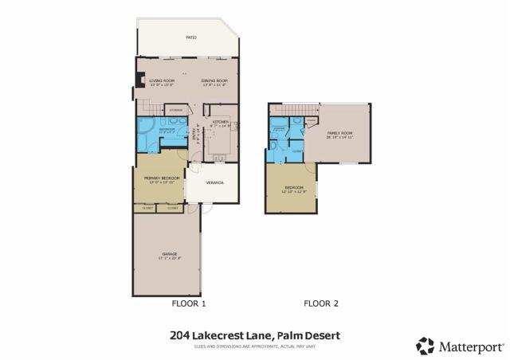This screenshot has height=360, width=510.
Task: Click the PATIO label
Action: (191, 37)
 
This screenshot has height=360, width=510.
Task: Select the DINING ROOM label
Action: (214, 81)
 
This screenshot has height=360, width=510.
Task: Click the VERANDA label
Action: (214, 183)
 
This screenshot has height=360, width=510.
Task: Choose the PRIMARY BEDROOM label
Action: (159, 178)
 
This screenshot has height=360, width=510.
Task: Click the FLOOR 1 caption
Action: (189, 303)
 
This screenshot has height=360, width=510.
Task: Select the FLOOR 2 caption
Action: (321, 303)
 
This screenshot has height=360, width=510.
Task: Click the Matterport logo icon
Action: (425, 346)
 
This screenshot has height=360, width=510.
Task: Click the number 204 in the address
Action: (180, 336)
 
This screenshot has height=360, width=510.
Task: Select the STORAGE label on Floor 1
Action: (178, 110)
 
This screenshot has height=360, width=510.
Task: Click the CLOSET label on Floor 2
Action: (295, 150)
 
